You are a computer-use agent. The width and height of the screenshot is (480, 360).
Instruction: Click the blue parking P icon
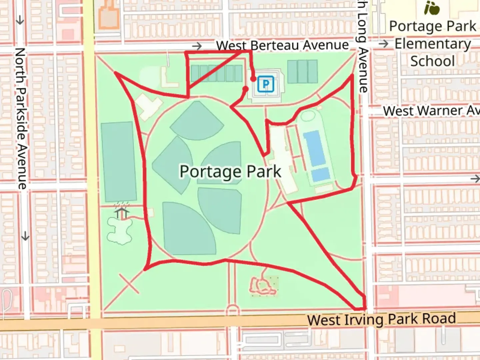266,84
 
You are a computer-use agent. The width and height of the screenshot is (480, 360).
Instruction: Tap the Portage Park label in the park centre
230,172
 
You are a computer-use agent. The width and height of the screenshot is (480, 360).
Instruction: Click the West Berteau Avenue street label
282,45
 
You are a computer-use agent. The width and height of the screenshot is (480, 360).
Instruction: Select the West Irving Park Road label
381,319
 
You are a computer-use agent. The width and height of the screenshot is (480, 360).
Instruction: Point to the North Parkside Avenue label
21,118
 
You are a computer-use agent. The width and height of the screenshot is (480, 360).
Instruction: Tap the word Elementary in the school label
433,44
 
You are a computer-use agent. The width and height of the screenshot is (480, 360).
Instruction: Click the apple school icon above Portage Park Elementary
432,8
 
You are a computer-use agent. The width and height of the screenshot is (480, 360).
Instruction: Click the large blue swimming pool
314,148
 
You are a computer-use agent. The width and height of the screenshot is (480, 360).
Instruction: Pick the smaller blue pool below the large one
320,174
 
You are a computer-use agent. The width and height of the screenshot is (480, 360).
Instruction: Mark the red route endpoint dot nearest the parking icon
253,79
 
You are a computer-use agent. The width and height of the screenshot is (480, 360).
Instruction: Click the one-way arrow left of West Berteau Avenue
197,46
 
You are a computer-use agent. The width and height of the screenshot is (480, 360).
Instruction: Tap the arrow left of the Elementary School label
384,44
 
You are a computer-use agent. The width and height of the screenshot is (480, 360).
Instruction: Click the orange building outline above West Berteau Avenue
109,15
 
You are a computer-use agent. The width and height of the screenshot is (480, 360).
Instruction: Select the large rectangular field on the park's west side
119,162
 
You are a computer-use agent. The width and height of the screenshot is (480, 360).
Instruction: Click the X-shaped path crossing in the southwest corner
129,284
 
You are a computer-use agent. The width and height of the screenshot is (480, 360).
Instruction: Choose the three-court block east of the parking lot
302,72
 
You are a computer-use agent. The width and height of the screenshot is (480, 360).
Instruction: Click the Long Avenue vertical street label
362,47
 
